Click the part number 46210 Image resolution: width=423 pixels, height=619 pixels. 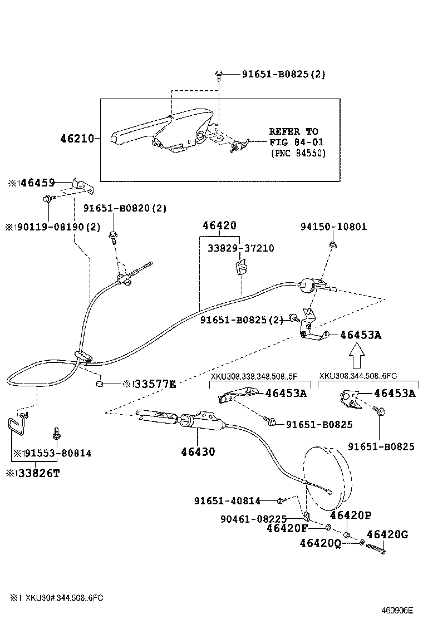77,138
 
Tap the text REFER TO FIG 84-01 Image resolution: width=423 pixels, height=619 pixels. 293,136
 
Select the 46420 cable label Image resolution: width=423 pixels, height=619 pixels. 219,226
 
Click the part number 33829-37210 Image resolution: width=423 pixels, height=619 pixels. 241,248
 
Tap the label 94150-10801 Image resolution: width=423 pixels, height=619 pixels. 333,227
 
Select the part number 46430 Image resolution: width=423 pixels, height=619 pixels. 198,451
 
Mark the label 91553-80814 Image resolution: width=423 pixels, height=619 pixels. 55,453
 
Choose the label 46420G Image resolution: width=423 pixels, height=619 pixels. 387,535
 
